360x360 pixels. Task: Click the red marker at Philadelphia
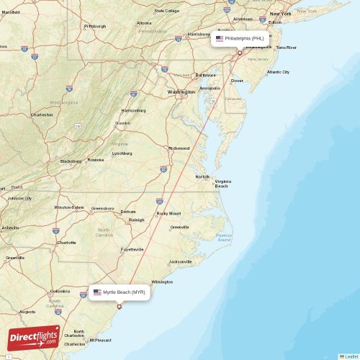tap(240, 52)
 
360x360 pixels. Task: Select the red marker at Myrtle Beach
tap(120, 307)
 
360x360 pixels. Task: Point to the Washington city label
tap(181, 92)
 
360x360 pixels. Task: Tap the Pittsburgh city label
tap(94, 27)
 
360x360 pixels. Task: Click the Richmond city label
tap(179, 148)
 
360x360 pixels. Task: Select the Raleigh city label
tap(136, 220)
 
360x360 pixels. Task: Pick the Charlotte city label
tap(66, 243)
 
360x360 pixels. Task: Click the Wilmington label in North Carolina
tap(162, 282)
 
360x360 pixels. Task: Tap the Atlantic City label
tap(278, 72)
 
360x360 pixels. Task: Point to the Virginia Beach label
tap(222, 184)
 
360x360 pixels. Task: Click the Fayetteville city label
tap(132, 249)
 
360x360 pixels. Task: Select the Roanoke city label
tap(96, 160)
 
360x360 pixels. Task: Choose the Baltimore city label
tap(205, 75)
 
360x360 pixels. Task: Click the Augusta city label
tap(27, 312)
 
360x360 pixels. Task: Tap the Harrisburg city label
tap(198, 34)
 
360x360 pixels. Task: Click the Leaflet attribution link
tap(351, 356)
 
